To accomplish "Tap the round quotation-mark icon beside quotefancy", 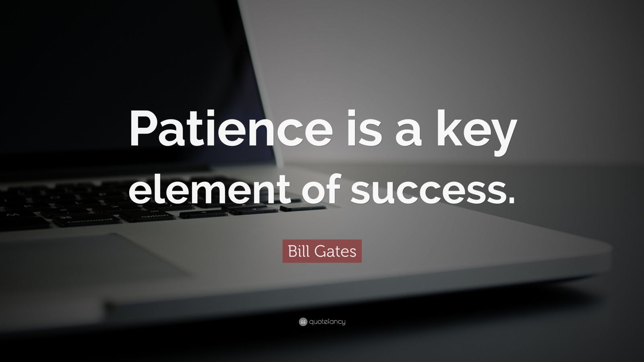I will pyautogui.click(x=303, y=322).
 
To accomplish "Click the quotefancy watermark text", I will pyautogui.click(x=327, y=322).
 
